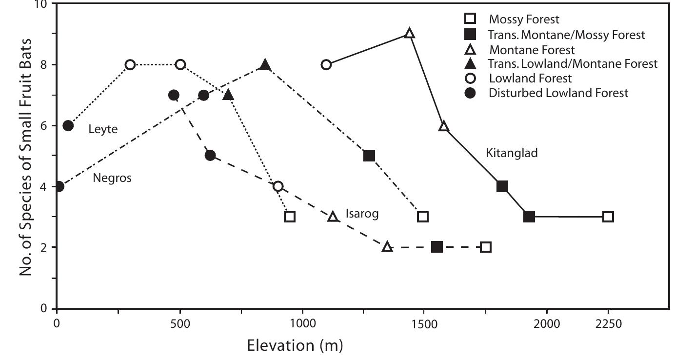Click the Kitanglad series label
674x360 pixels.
point(512,153)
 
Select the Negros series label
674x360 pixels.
point(112,178)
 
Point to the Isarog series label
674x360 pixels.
point(362,214)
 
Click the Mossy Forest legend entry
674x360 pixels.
point(524,20)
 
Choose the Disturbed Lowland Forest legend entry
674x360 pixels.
point(558,93)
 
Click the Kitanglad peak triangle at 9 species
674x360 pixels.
point(410,34)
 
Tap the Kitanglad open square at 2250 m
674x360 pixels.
point(608,217)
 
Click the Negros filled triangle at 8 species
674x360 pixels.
point(265,64)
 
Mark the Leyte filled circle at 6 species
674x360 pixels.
point(68,126)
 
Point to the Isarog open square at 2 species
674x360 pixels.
point(485,247)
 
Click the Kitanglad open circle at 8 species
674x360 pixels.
point(326,64)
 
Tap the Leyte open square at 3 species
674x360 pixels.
point(290,217)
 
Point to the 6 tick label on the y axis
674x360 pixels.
point(43,126)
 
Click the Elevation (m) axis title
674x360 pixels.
point(295,346)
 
